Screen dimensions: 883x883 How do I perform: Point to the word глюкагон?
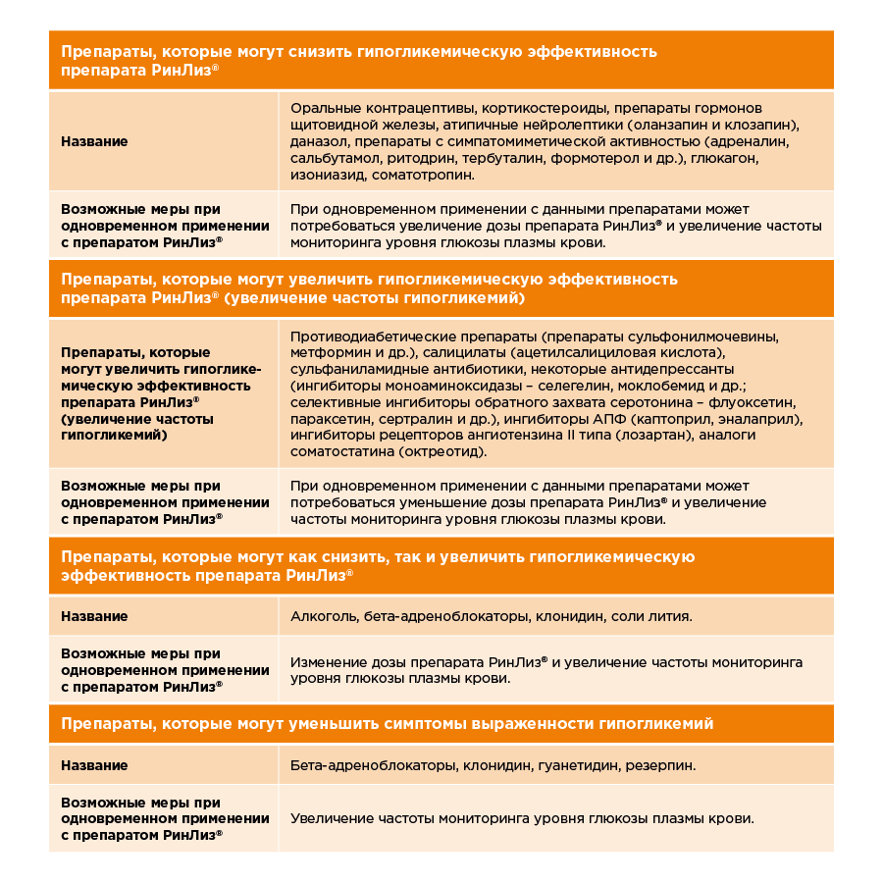click(x=724, y=158)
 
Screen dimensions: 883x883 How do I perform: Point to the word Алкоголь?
click(x=323, y=616)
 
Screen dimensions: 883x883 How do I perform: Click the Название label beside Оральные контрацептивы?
click(x=94, y=141)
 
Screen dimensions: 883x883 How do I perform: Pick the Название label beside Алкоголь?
click(x=94, y=616)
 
